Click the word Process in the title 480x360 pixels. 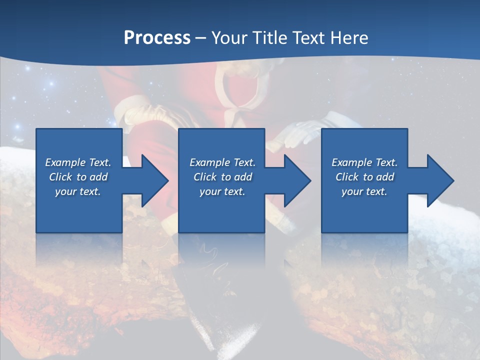click(x=157, y=37)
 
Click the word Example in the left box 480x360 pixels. click(x=65, y=162)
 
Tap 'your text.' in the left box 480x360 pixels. click(x=78, y=191)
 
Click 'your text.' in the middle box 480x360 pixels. click(x=222, y=191)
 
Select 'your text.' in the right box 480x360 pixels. click(x=364, y=191)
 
